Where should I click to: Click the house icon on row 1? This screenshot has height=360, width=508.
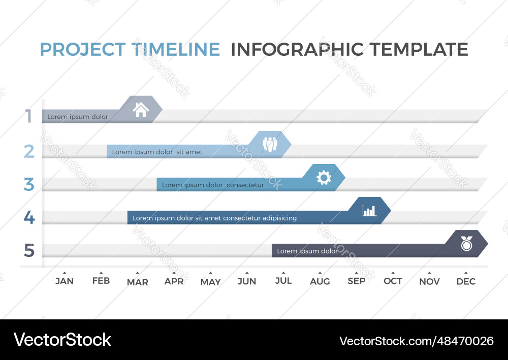141,110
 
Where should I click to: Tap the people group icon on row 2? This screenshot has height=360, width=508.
270,144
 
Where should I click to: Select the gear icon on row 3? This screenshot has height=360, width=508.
324,177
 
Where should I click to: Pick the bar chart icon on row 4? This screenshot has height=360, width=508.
369,210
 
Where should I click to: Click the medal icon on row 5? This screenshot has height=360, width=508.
466,243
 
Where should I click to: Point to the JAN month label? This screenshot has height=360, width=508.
65,281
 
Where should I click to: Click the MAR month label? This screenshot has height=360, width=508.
138,282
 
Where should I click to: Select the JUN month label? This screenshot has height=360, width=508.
247,281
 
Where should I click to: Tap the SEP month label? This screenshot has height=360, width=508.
357,281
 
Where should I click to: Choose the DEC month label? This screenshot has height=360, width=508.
466,281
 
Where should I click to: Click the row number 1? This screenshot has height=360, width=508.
29,117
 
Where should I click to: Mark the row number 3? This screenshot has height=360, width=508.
29,184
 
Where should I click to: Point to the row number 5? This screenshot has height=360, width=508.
29,251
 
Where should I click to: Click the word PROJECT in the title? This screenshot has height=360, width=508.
82,50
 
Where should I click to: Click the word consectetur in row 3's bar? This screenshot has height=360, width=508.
245,185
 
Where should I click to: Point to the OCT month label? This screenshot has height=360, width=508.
393,281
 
